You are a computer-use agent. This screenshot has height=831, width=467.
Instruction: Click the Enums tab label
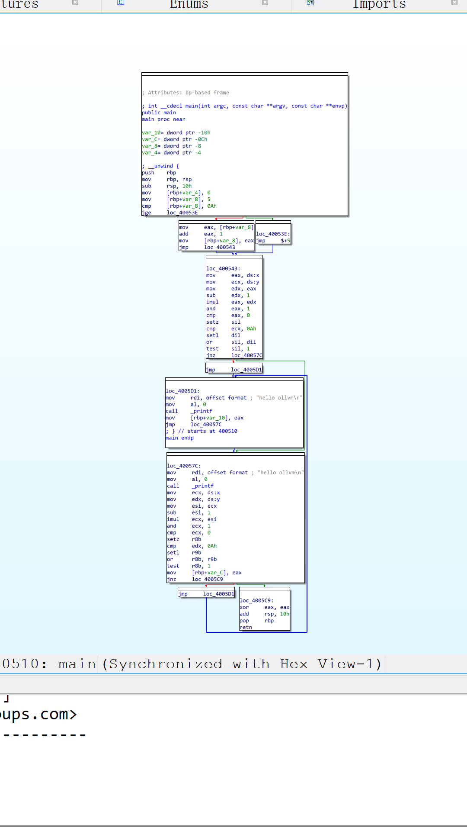coord(189,4)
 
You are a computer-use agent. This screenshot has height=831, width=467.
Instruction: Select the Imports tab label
coord(379,4)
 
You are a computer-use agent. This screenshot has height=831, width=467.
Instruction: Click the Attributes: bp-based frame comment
coord(186,93)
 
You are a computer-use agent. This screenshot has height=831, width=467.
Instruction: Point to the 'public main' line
coord(159,113)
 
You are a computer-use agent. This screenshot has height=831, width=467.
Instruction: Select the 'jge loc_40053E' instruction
coord(170,213)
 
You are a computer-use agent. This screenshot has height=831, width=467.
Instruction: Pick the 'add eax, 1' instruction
coord(201,234)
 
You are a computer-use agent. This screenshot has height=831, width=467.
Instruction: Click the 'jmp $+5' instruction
coord(273,241)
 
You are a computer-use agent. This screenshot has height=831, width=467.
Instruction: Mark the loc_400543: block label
coord(223,269)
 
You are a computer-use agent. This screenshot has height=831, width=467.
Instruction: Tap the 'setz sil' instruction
coord(223,322)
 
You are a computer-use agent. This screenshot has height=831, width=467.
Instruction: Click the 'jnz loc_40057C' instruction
coord(234,355)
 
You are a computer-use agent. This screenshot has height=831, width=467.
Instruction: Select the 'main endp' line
coord(179,438)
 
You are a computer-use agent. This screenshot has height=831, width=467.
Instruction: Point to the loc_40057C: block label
coord(184,466)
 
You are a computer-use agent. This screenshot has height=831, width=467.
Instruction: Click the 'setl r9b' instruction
coord(184,553)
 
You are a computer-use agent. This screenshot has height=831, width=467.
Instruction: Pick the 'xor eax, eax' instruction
coord(264,608)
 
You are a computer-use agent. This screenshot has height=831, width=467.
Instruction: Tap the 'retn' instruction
coord(246,628)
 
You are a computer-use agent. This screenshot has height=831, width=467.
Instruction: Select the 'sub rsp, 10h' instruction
coord(166,186)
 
